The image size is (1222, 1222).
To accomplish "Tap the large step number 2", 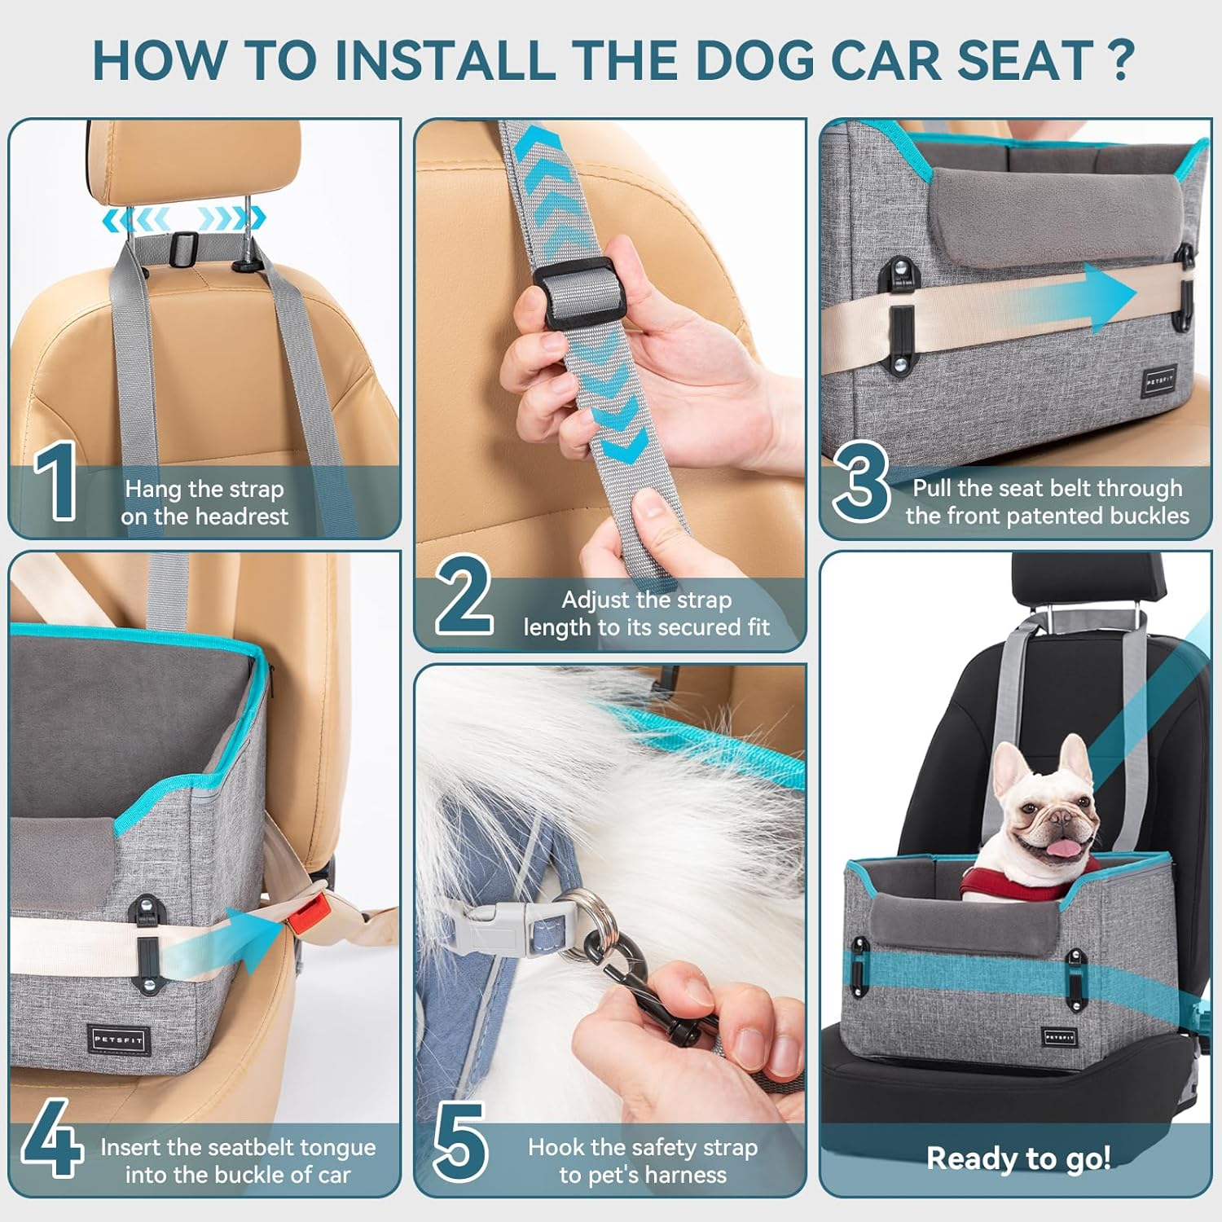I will coord(464,595).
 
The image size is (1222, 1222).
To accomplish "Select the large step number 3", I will coord(861,482).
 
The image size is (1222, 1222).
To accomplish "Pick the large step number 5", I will coord(460,1141).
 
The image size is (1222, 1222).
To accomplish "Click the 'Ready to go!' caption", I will coord(1018,1158).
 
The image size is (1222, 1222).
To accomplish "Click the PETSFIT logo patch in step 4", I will coord(119,1039).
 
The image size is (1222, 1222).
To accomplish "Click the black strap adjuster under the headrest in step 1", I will coord(186,244).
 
